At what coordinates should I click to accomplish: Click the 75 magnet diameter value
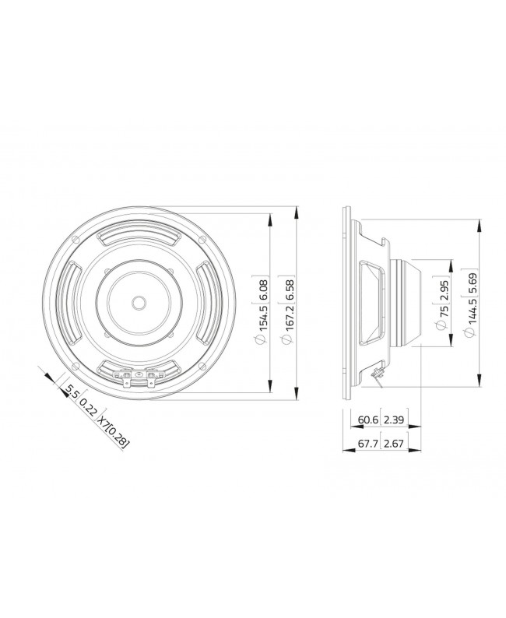point(444,318)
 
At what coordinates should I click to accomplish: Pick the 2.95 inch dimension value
point(444,288)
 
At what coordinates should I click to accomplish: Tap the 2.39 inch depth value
point(393,421)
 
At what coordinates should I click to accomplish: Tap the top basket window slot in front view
point(139,236)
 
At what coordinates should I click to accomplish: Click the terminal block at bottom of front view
point(139,378)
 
